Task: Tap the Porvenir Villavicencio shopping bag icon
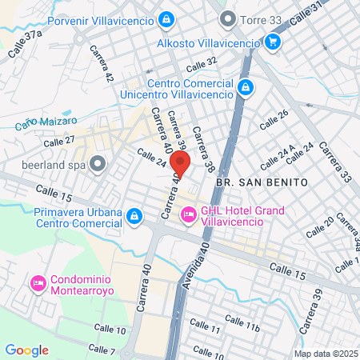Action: click(166, 18)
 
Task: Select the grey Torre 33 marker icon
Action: click(228, 18)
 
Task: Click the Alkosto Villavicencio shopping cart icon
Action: click(272, 42)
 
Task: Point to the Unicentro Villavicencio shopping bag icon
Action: click(245, 87)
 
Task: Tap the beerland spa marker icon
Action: click(98, 165)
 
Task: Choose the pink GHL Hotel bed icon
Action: click(189, 214)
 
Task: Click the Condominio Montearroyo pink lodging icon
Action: click(37, 283)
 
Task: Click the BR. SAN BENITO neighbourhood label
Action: click(262, 182)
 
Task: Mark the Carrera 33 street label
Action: click(334, 161)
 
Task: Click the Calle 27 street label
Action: click(59, 141)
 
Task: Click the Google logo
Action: click(27, 350)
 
